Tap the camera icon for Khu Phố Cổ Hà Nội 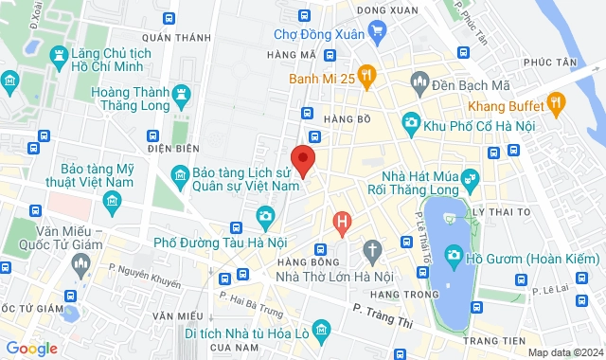pyautogui.click(x=411, y=121)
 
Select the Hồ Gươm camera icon pyautogui.click(x=454, y=255)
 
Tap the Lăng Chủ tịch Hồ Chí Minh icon pyautogui.click(x=59, y=57)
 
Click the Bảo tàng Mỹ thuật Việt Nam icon pyautogui.click(x=113, y=201)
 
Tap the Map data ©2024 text pyautogui.click(x=564, y=352)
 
